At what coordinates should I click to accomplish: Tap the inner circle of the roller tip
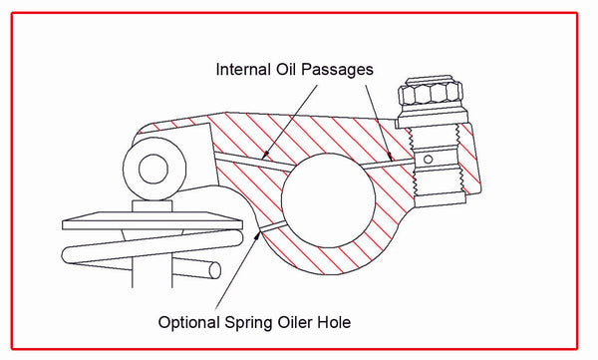[x=152, y=168]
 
